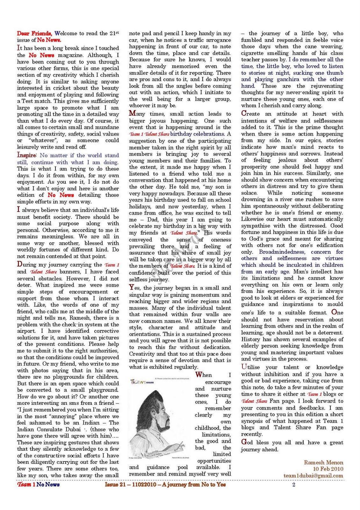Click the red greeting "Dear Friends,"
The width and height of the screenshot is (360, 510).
click(x=34, y=33)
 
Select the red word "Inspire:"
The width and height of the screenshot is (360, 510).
click(x=27, y=155)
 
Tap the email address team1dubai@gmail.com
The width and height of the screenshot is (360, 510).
click(x=313, y=475)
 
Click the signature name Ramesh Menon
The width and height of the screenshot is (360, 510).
click(x=323, y=462)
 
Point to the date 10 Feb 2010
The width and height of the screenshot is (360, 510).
click(x=328, y=469)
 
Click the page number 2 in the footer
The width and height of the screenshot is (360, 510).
click(x=294, y=484)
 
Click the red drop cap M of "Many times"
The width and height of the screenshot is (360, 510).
click(x=132, y=113)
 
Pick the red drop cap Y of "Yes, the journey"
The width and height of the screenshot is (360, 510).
click(x=132, y=287)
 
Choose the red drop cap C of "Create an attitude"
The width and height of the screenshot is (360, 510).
click(x=244, y=113)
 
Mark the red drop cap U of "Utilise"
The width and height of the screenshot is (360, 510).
click(x=244, y=367)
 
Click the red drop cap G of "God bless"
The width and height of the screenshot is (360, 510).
click(x=244, y=442)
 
